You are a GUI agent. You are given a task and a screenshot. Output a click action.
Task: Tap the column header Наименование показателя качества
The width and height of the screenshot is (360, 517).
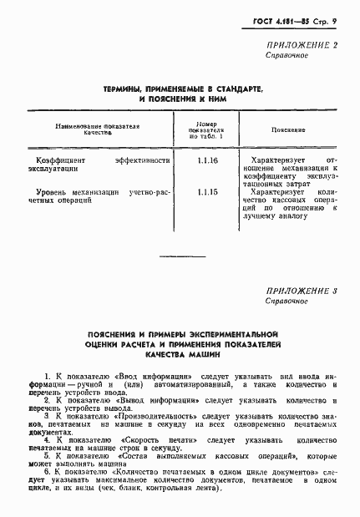tap(97, 129)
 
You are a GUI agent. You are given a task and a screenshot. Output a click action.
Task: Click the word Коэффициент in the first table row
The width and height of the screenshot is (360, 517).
tap(53, 159)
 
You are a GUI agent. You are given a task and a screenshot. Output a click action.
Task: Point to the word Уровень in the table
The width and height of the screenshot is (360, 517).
tap(44, 193)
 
